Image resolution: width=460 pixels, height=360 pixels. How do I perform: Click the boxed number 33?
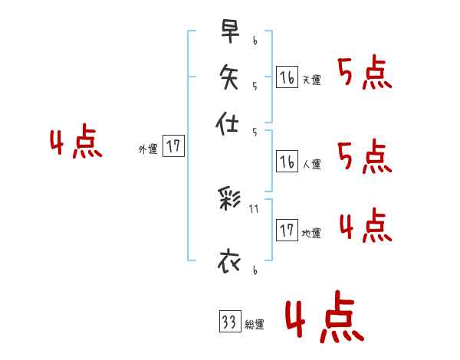pos(228,322)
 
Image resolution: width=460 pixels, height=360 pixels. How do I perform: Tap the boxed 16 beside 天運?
pos(287,77)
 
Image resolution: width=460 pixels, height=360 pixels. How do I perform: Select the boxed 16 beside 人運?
pos(287,161)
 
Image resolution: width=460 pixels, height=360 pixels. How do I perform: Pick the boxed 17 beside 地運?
pos(287,230)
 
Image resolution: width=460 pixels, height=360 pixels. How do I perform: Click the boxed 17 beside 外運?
pos(174,146)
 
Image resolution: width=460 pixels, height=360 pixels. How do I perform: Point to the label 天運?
pos(311,80)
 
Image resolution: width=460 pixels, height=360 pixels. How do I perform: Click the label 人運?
pos(312,164)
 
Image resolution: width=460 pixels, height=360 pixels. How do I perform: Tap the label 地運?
pos(311,233)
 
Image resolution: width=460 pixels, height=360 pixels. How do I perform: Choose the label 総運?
pos(255,325)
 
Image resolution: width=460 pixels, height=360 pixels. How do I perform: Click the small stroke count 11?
pos(254,207)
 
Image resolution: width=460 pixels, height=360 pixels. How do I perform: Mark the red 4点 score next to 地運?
pos(365,226)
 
